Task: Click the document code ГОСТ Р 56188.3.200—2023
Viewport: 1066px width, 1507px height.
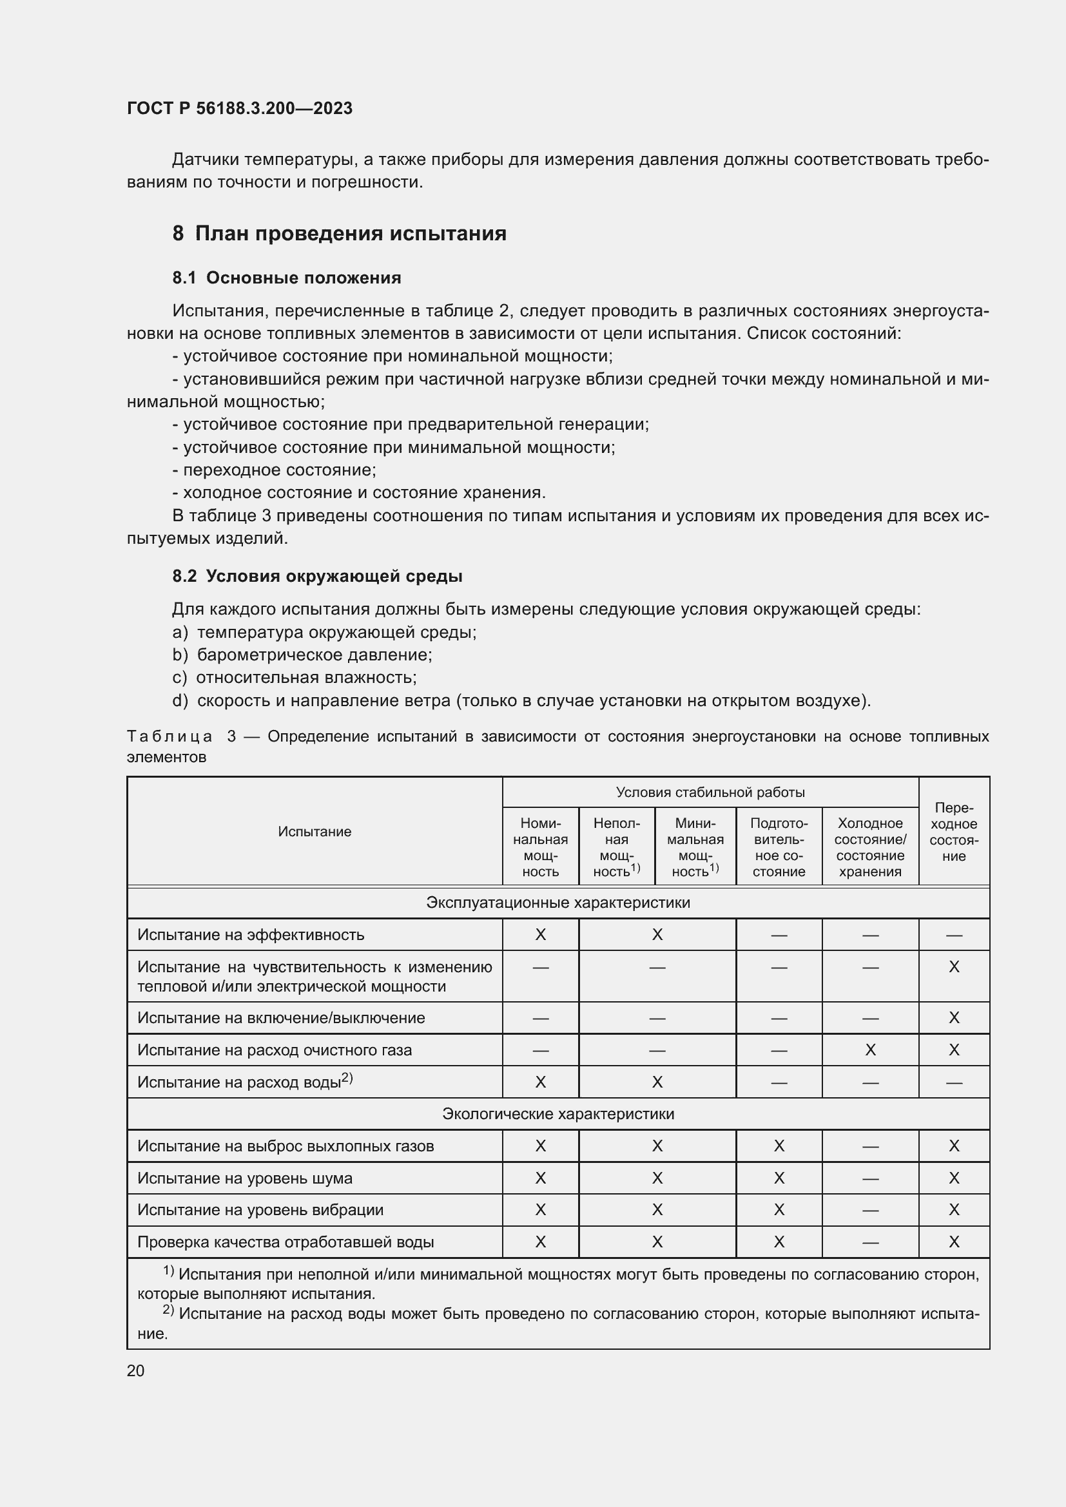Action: (x=240, y=108)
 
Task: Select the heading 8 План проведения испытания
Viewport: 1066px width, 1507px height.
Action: (x=339, y=234)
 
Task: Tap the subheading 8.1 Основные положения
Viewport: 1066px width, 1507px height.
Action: (x=286, y=278)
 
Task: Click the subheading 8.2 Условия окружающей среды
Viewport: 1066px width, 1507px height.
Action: (x=317, y=576)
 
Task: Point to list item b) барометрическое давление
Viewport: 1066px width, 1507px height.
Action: (x=302, y=655)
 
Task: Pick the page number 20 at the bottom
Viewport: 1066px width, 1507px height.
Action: (x=135, y=1370)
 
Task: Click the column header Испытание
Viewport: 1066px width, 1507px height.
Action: (x=315, y=832)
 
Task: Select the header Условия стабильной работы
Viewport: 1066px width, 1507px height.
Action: (x=710, y=792)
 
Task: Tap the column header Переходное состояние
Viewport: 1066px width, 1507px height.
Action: (x=953, y=832)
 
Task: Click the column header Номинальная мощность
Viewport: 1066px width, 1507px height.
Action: (x=540, y=847)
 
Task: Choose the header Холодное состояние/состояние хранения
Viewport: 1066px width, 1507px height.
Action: (x=869, y=847)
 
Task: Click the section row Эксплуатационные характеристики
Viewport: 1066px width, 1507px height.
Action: (x=558, y=903)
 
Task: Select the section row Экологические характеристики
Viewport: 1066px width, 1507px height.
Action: (x=558, y=1114)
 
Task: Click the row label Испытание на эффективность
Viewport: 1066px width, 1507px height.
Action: (x=250, y=935)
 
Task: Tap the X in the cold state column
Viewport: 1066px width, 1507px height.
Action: (x=869, y=1050)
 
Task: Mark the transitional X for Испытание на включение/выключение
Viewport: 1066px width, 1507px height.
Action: (x=953, y=1018)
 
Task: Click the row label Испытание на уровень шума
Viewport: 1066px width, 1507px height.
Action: (x=244, y=1178)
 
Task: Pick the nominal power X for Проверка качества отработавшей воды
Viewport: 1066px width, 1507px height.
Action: (x=540, y=1242)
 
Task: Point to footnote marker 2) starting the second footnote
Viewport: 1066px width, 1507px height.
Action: (x=168, y=1310)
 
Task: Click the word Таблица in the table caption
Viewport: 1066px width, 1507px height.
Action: (x=169, y=736)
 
